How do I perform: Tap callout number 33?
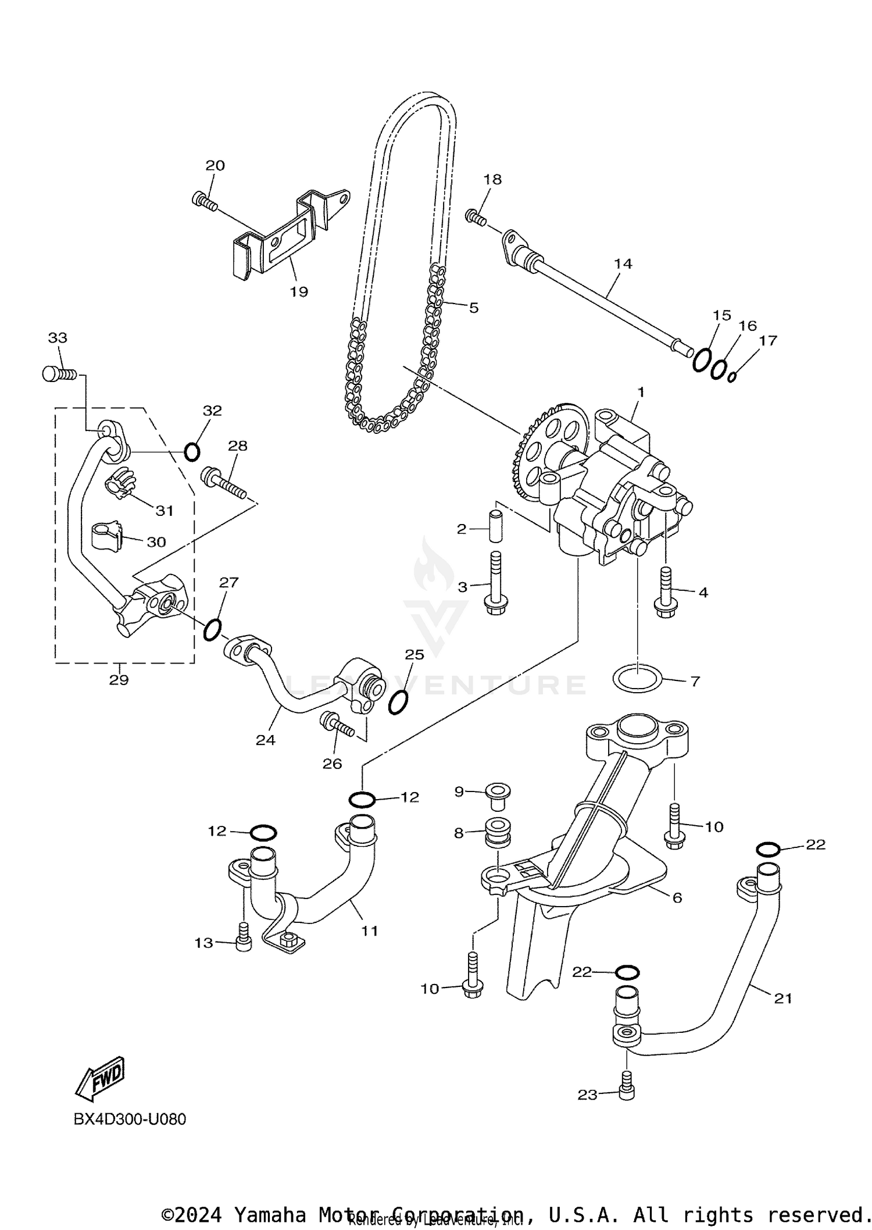click(x=58, y=338)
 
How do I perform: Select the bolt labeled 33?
click(x=59, y=374)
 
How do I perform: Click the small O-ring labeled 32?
click(x=192, y=451)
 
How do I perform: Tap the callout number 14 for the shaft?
click(x=623, y=264)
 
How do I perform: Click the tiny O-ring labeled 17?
click(x=732, y=377)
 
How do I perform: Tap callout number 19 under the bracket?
click(x=299, y=292)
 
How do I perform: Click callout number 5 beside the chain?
click(x=474, y=308)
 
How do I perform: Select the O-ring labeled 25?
click(x=398, y=703)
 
